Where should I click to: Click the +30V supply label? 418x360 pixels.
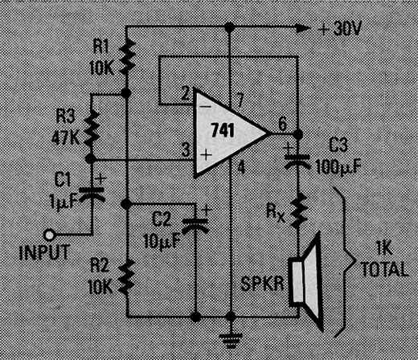[x=340, y=28]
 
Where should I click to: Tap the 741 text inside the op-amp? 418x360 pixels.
[x=223, y=130]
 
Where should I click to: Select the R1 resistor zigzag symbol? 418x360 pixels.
[x=127, y=57]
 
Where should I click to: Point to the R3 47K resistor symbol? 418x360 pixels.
[x=92, y=128]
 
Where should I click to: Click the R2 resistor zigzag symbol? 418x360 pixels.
[x=126, y=276]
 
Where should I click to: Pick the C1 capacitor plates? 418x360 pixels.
[x=91, y=194]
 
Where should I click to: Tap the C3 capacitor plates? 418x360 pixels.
[x=297, y=162]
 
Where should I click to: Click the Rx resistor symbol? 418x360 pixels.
[x=298, y=211]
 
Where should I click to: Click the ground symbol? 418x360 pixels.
[x=231, y=340]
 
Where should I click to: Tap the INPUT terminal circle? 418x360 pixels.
[x=50, y=235]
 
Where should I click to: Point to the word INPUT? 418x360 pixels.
[x=45, y=252]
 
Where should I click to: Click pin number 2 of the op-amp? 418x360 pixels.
[x=186, y=94]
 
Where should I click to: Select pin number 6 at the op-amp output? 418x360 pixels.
[x=283, y=124]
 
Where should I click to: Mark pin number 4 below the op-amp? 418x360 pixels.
[x=241, y=168]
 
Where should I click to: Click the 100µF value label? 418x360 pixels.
[x=338, y=168]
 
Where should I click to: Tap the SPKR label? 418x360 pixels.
[x=262, y=284]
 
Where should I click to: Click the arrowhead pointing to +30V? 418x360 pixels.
[x=303, y=28]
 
